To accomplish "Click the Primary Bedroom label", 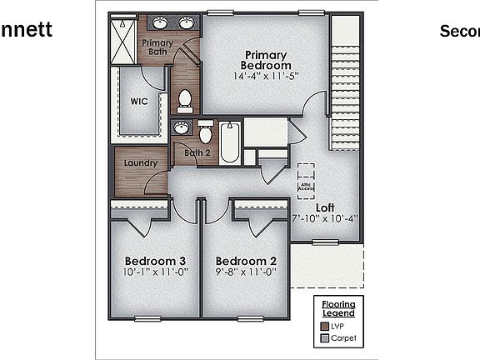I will click(266, 60).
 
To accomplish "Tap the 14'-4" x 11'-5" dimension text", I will click(266, 76).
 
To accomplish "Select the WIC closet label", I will click(139, 102).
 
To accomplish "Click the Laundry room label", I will click(140, 163).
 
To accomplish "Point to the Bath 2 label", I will click(197, 152).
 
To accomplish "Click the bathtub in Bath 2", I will click(230, 142).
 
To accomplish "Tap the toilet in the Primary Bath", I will click(185, 101).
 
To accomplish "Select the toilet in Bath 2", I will click(205, 133).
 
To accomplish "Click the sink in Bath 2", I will click(181, 128).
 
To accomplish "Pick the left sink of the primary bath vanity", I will click(162, 23).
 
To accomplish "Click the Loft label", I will click(325, 207).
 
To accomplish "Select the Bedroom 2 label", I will click(240, 261).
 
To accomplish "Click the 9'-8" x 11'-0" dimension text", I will click(240, 272).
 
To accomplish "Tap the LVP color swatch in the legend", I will click(324, 327).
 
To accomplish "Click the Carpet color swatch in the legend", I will click(324, 338).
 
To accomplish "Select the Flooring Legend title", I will click(338, 308).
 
